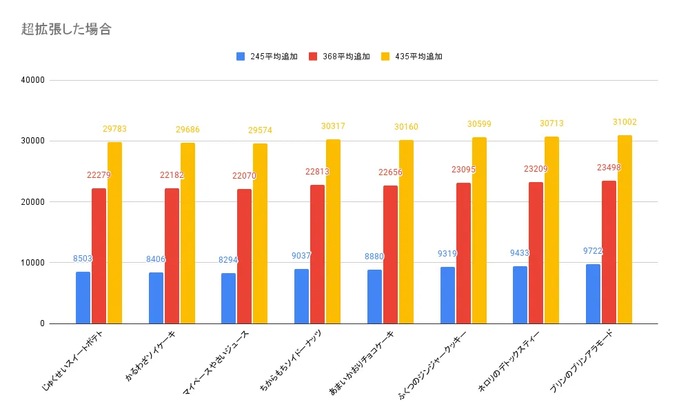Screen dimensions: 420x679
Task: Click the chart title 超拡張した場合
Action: (66, 29)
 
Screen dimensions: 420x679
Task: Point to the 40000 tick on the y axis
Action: (32, 80)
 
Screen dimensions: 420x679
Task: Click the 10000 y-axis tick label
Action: (32, 263)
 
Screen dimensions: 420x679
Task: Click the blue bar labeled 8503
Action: (83, 297)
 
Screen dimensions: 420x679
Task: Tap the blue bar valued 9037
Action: (301, 296)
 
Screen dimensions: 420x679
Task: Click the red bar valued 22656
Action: (390, 254)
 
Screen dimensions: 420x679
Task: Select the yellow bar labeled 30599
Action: (479, 230)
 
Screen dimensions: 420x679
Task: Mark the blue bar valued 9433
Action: (520, 294)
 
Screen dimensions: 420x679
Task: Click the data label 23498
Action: (609, 167)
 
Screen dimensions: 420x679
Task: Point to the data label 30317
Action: (333, 126)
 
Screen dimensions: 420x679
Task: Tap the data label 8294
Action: (228, 260)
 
